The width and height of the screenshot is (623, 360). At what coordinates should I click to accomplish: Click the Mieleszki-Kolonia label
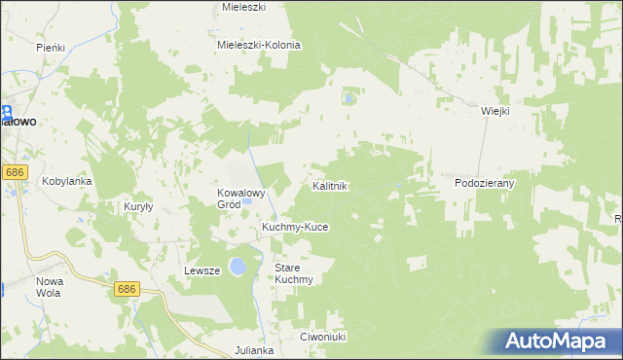[x=259, y=45]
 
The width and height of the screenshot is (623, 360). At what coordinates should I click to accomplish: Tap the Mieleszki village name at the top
[x=244, y=6]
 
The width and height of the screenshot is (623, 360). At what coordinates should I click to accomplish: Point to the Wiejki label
[x=495, y=111]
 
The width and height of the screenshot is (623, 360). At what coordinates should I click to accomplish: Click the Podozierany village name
[x=484, y=182]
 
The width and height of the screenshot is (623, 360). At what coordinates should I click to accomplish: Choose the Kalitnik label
[x=330, y=185]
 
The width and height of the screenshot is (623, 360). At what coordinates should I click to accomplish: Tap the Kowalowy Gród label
[x=241, y=198]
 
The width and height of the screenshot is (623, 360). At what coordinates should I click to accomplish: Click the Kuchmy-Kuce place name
[x=295, y=227]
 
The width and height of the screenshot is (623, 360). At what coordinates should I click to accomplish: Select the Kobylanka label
[x=66, y=181]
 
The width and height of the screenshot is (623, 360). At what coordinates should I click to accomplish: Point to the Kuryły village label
[x=139, y=206]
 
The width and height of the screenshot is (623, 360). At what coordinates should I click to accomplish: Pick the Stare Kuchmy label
[x=293, y=272]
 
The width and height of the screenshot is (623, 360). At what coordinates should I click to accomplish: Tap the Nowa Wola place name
[x=50, y=286]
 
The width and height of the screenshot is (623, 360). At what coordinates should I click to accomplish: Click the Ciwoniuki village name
[x=323, y=337]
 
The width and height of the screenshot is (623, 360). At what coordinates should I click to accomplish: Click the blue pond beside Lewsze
[x=237, y=268]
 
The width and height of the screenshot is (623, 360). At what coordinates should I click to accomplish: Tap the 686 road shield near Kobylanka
[x=14, y=172]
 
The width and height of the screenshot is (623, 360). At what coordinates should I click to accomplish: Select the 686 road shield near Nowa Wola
[x=127, y=289]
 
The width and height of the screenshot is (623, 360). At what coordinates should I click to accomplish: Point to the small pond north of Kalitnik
[x=349, y=97]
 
